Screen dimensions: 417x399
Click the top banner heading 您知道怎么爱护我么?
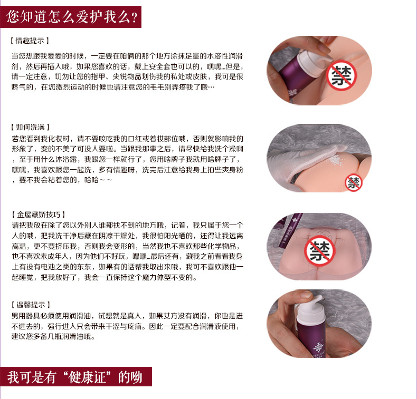72,17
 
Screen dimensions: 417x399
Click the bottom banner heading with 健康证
75,377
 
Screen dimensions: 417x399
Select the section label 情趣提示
30,41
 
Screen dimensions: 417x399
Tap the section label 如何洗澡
30,127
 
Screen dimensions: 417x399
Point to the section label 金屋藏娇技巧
39,215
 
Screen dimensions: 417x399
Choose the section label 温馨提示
31,305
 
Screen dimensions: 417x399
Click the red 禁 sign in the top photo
341,75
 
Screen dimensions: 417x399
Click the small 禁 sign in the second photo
354,183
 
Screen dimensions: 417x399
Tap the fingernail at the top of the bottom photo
306,295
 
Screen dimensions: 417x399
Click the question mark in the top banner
134,17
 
